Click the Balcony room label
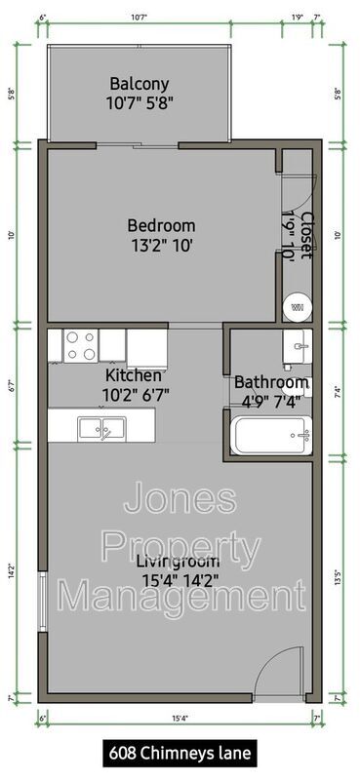(x=139, y=92)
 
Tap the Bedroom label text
(x=161, y=235)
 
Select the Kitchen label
(x=134, y=383)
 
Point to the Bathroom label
(x=271, y=390)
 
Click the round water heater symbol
(x=296, y=307)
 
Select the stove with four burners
(x=80, y=344)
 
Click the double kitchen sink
(x=101, y=426)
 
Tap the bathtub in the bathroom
(x=271, y=435)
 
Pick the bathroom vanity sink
(x=297, y=344)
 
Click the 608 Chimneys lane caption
(x=180, y=753)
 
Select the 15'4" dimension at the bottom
(x=180, y=719)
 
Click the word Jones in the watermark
(x=180, y=499)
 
